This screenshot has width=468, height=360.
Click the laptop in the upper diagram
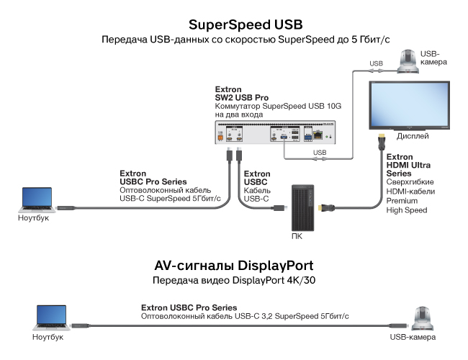(x=37, y=199)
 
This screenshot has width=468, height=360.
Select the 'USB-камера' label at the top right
(x=434, y=58)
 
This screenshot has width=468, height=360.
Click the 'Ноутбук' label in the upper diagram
(x=34, y=218)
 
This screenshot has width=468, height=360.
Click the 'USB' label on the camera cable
(x=376, y=63)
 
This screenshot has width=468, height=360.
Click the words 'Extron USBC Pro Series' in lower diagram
(x=189, y=307)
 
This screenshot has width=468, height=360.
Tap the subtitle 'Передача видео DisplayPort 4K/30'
(x=233, y=279)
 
